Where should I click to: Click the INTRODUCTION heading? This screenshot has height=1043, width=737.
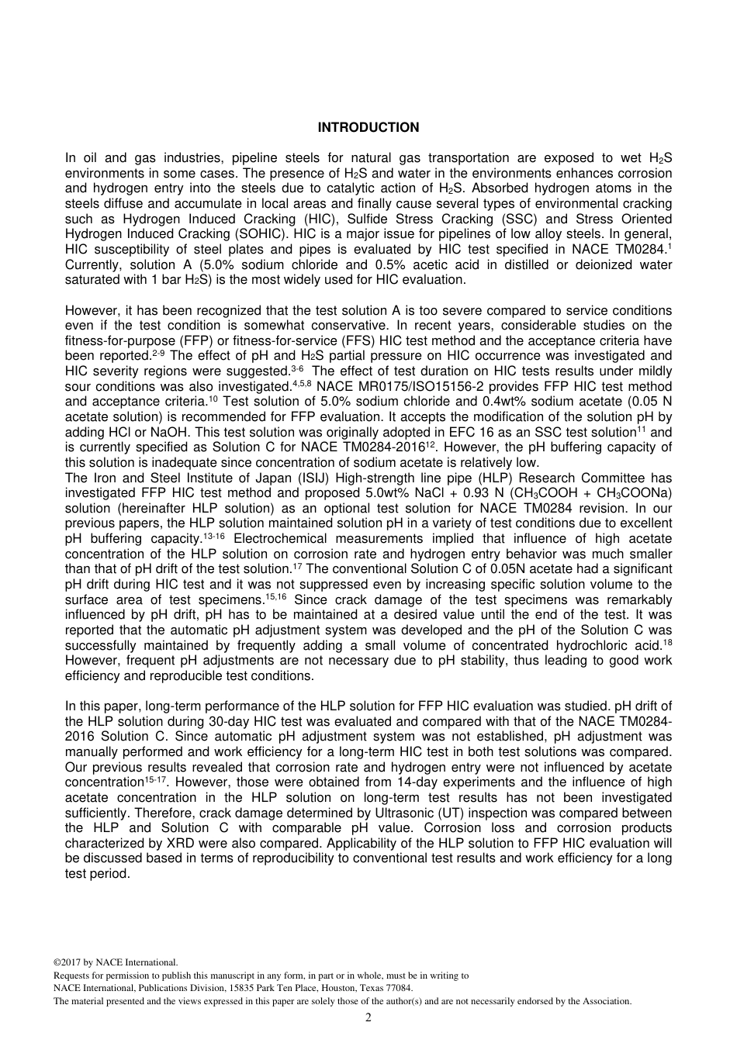click(368, 128)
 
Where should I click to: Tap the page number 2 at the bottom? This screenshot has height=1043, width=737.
click(368, 1017)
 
